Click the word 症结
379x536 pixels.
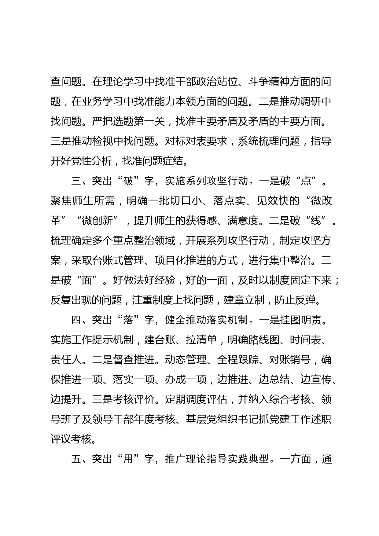click(175, 161)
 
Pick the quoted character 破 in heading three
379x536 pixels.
click(128, 181)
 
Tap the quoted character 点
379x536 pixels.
click(306, 181)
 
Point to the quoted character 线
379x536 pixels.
click(316, 221)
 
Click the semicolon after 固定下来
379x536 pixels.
click(336, 281)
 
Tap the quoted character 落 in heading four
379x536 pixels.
click(128, 320)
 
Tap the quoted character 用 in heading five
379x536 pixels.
click(128, 459)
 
